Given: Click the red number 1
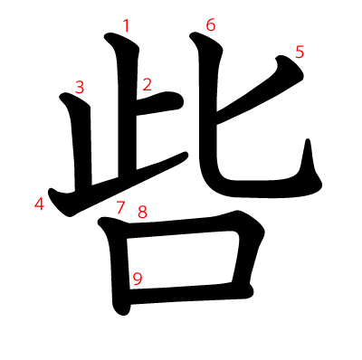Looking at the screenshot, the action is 127,25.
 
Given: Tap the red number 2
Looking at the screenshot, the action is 147,84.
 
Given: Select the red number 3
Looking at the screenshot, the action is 80,88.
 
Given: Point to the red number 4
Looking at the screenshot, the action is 40,204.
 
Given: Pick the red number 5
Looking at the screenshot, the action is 300,52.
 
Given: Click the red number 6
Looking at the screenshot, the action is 211,24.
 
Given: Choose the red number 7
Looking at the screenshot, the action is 120,207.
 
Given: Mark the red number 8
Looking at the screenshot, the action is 143,212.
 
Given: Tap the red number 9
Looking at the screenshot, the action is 138,279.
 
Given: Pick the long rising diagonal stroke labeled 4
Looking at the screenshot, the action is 118,185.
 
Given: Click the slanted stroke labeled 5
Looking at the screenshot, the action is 260,90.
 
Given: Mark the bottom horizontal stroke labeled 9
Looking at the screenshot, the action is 190,292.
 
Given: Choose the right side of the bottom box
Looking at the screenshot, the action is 246,256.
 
